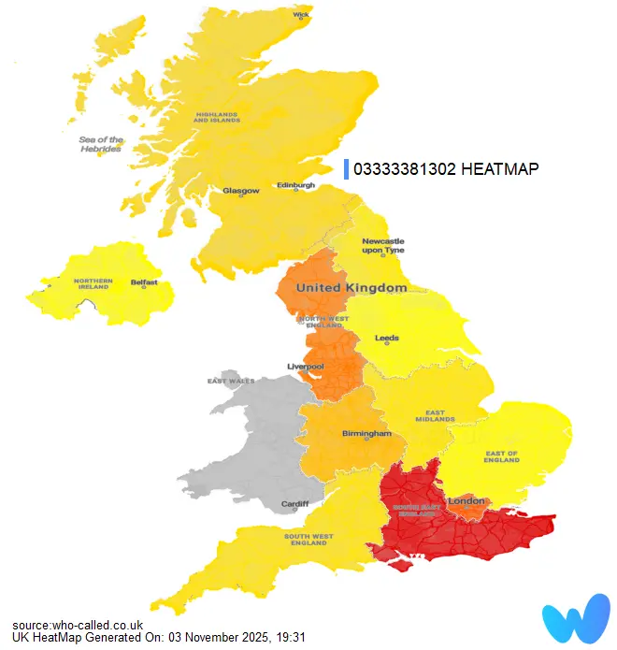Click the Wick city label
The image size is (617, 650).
pos(301,15)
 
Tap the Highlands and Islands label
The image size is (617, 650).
pos(217,118)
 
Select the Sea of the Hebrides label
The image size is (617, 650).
pos(100,144)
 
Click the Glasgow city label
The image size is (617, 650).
pos(240,191)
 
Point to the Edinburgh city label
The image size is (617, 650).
pos(295,185)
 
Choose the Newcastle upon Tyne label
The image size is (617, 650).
pos(383,246)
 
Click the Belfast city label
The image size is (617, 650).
pos(144,282)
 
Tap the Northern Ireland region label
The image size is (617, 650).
pos(93,284)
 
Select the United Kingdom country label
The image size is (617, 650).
pos(351,288)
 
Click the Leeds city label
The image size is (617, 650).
pos(386,338)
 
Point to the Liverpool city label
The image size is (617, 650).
pos(305,367)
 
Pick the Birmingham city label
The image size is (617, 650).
pos(366,434)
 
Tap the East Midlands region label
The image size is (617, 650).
pos(435,415)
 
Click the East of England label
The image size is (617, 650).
pos(501,457)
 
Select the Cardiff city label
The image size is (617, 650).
pos(294,505)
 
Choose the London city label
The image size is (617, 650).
pos(466,502)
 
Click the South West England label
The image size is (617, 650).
pos(308,539)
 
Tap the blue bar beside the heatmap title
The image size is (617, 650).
pos(346,168)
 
